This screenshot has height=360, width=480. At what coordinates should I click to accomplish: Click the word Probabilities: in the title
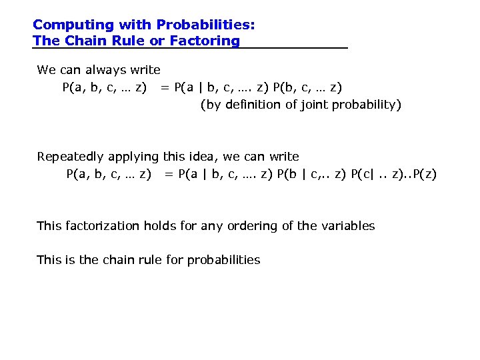[205, 25]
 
